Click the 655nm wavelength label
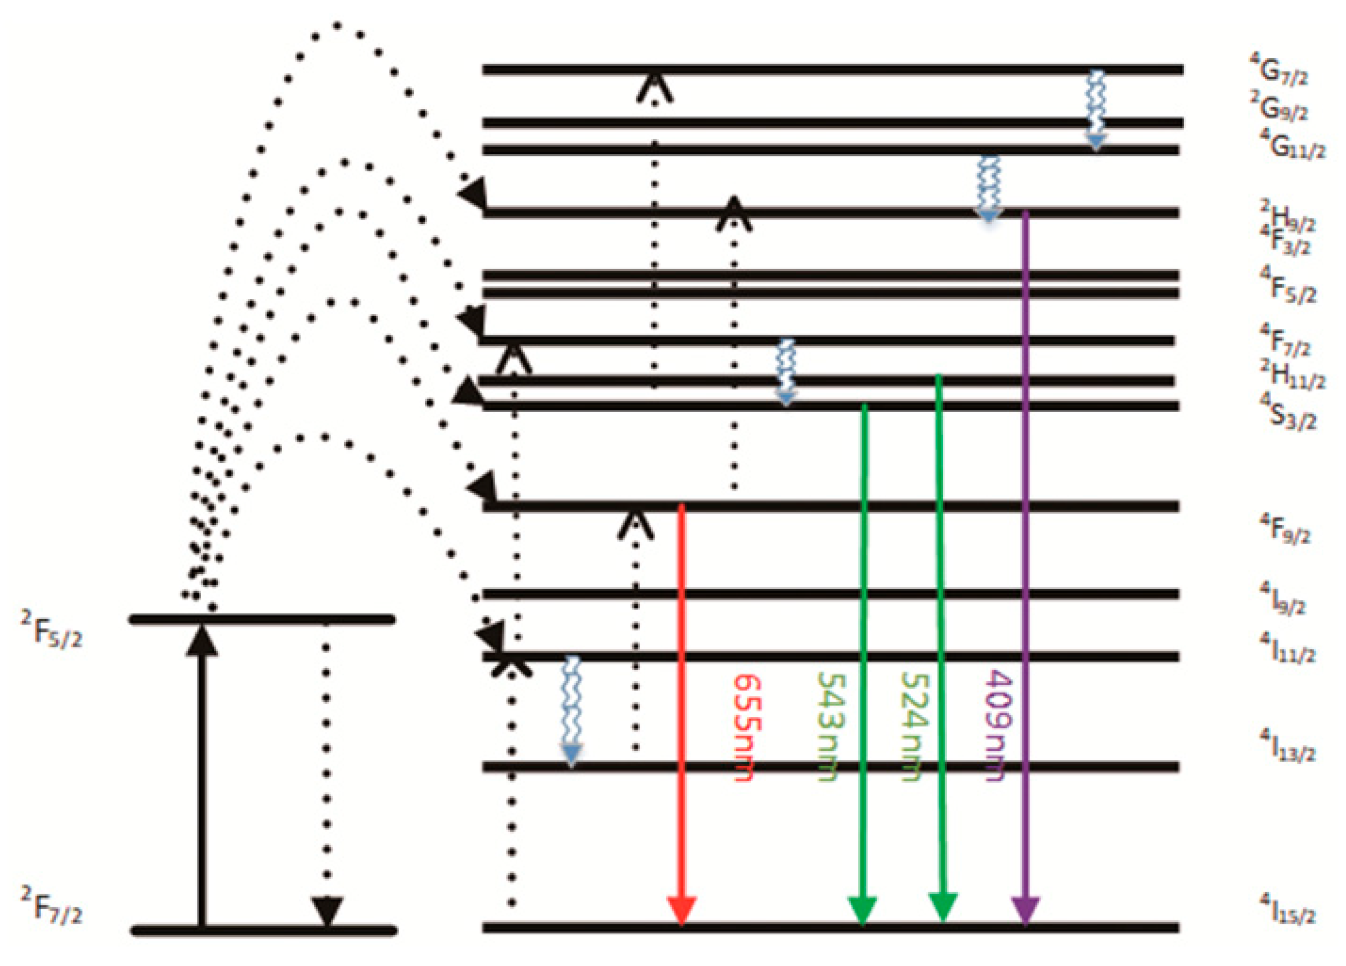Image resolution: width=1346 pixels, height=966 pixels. [747, 728]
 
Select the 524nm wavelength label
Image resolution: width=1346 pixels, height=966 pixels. [914, 727]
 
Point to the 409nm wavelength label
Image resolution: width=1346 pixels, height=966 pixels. [998, 725]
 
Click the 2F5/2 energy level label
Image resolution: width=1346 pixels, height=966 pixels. [52, 629]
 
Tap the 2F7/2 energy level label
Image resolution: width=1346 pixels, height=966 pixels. [52, 906]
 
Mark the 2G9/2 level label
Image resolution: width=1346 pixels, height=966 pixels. [1280, 106]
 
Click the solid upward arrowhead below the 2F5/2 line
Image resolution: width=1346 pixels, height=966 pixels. [202, 641]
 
